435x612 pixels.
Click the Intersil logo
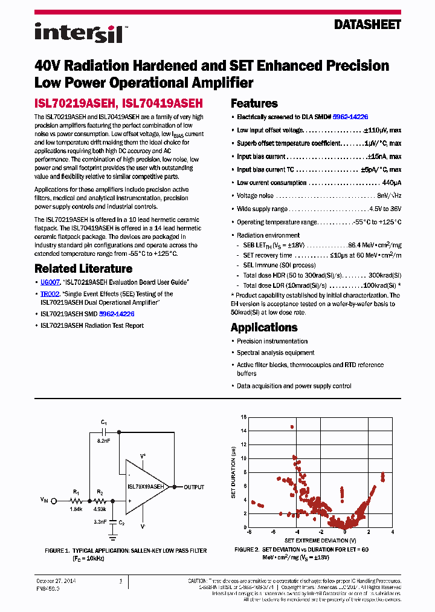coord(79,33)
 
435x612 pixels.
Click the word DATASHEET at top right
coord(367,25)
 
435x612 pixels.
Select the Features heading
coord(254,103)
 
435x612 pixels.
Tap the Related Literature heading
coord(83,269)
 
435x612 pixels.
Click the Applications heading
coord(264,327)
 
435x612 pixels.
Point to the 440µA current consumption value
coord(391,183)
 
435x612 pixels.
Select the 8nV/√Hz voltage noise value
coord(388,196)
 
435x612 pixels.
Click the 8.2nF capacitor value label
coord(104,441)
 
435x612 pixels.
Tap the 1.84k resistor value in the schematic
coord(76,509)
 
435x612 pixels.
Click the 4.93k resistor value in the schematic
coord(100,509)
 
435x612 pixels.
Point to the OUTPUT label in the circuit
coord(194,487)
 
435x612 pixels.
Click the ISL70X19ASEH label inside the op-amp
coord(146,486)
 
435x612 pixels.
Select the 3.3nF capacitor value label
coord(100,521)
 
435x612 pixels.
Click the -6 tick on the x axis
coord(248,532)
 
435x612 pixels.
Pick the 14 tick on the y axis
coord(243,431)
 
